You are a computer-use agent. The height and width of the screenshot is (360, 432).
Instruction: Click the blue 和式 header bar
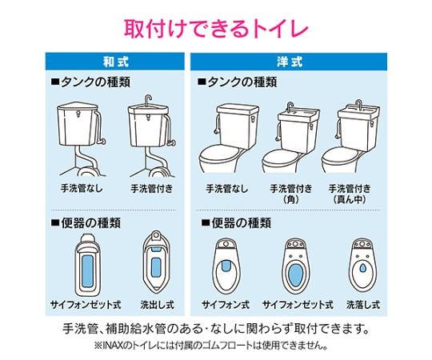point(115,61)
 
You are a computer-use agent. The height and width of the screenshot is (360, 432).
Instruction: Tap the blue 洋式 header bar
point(289,61)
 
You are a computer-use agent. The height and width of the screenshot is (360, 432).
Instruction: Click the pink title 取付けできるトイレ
point(216,28)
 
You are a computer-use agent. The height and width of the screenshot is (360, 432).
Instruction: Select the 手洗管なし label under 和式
point(82,189)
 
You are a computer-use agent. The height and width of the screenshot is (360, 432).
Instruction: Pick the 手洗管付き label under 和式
point(151,189)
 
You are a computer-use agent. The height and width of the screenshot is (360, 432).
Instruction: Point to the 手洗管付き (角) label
point(291,194)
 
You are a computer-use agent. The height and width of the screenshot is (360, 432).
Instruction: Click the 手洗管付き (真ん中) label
point(350,194)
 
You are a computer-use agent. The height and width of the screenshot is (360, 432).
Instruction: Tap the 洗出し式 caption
point(157,305)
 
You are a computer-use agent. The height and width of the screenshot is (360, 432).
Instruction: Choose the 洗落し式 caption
point(363,305)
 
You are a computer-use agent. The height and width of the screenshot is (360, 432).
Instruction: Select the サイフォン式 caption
point(226,305)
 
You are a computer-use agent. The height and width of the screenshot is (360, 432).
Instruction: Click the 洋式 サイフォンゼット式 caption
point(298,305)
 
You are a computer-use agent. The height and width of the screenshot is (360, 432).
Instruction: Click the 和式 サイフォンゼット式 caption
point(86,305)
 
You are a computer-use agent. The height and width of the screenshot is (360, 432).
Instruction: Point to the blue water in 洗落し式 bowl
point(363,267)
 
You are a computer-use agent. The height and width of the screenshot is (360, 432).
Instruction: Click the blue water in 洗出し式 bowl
point(156,267)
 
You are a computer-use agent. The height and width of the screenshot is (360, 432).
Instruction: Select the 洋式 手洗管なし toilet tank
point(238,126)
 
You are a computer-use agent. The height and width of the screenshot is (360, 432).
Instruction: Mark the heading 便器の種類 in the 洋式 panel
point(236,222)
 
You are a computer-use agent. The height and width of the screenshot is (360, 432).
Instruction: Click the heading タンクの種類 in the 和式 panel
point(91,82)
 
